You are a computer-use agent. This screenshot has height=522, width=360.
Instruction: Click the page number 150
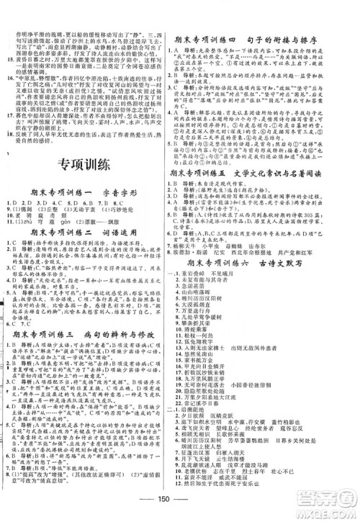click(179, 502)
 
